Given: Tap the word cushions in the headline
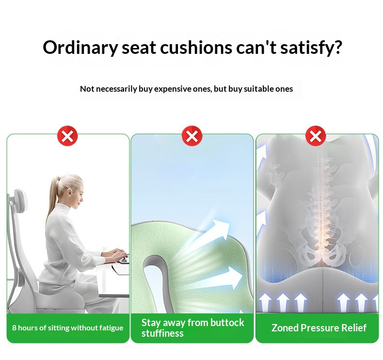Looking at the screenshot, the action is click(196, 48).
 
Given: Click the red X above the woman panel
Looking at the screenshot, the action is click(67, 136).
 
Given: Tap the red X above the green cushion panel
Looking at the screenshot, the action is click(192, 136).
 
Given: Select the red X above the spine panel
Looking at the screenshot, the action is click(316, 136).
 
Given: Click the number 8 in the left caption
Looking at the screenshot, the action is click(14, 328).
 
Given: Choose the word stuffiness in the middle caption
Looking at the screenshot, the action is click(162, 333).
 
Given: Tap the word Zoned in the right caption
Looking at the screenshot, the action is click(285, 328).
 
